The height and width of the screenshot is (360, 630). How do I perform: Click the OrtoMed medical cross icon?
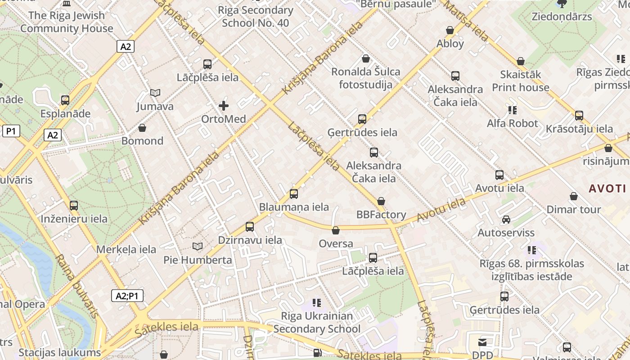pos(224,106)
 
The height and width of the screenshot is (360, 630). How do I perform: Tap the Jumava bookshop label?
pos(155,107)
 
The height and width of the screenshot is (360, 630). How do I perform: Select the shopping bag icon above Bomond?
pos(142,128)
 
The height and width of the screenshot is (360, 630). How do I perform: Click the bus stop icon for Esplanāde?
pos(65,100)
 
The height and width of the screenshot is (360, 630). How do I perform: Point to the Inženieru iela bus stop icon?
pos(74,206)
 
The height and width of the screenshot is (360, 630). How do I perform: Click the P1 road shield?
pos(11,131)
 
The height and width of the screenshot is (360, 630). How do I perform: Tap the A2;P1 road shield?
pos(127,296)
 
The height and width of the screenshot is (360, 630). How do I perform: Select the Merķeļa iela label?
pos(126,249)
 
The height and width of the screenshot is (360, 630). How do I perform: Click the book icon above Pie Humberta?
pos(198,247)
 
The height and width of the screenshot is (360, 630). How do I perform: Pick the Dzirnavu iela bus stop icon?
pos(250,227)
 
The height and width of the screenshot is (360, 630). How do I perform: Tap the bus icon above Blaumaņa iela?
pos(294,194)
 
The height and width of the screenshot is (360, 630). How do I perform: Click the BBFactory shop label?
pos(381,215)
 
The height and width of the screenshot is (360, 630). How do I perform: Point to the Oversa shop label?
pos(336,244)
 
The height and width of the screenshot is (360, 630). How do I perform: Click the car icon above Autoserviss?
pos(506,220)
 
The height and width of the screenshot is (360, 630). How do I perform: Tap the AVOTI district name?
pos(607,189)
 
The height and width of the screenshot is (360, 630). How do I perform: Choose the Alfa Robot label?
pos(512,123)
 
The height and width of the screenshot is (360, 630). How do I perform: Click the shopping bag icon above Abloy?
pos(450,30)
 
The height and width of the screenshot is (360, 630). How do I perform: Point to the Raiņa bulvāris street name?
pos(76,286)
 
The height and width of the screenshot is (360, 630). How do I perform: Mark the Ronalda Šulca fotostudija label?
pos(365,78)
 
